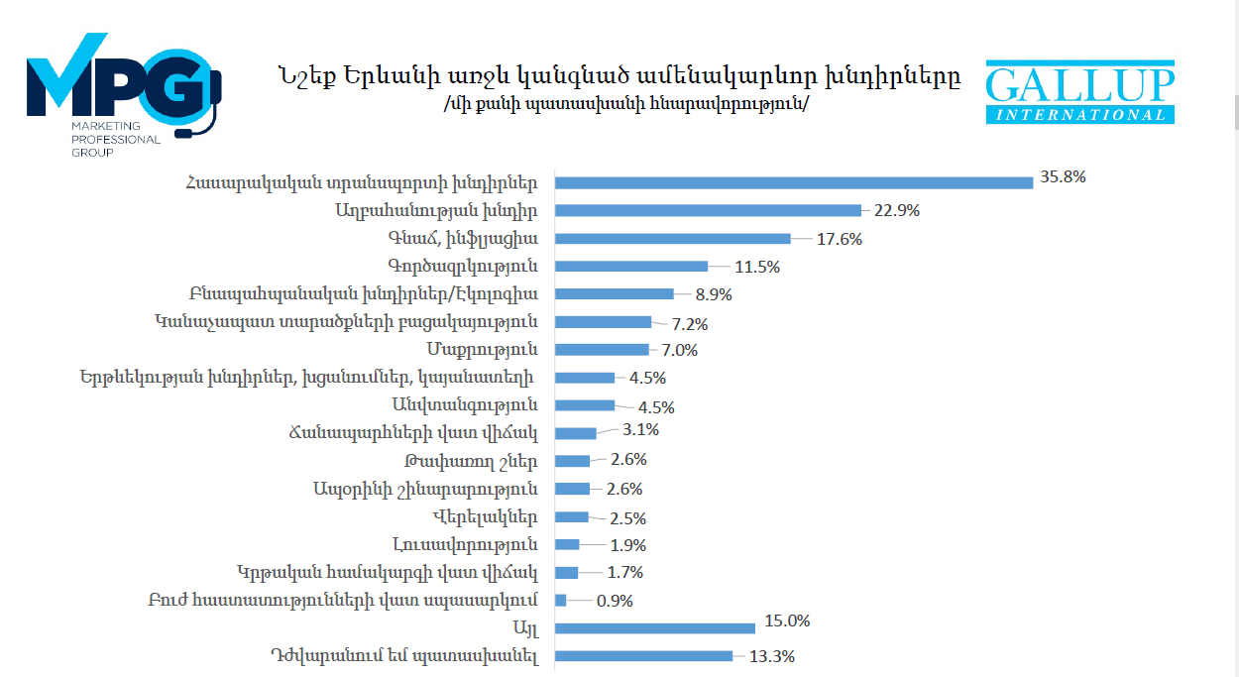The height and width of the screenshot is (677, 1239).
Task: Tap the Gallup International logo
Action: coord(1079,92)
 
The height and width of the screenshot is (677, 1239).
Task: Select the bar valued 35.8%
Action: coord(794,182)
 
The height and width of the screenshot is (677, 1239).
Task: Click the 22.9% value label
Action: coord(890,210)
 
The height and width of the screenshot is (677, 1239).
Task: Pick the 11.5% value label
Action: coord(757,267)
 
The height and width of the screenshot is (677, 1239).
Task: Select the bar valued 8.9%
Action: coord(614,294)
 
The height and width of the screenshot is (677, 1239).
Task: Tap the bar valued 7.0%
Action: coord(602,349)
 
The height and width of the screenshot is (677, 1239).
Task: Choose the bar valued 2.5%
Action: coord(572,516)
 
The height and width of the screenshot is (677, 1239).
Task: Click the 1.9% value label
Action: coord(628,545)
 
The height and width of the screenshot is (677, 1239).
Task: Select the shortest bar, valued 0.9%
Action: coord(560,600)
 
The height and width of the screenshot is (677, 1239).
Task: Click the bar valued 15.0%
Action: coord(655,627)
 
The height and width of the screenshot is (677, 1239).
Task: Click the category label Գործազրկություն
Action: coord(462,266)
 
